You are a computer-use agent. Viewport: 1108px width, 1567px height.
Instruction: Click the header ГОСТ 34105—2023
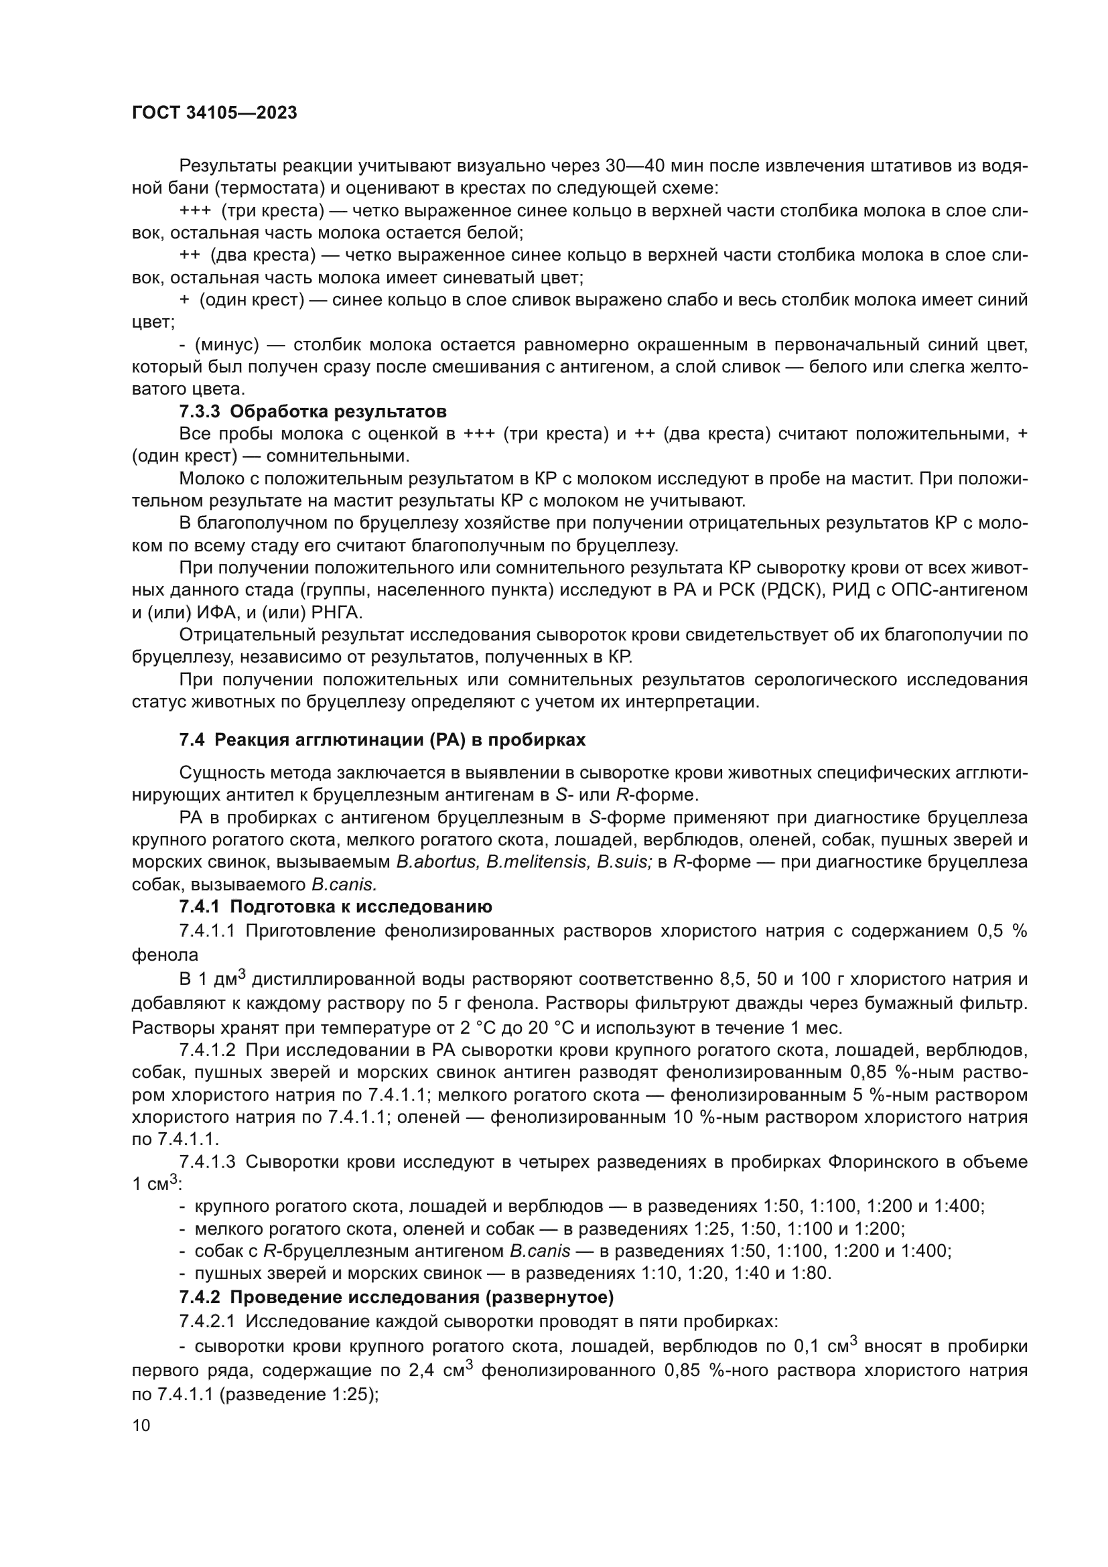coord(214,113)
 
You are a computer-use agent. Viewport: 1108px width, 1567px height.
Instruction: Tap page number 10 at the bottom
coord(141,1425)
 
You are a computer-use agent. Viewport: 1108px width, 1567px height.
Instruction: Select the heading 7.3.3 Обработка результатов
coord(312,411)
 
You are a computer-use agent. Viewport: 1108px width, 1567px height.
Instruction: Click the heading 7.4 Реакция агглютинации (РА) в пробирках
coord(381,740)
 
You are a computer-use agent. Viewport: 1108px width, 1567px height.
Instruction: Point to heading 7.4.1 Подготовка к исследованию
coord(335,906)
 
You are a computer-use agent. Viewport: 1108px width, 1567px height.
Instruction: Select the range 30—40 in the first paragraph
coord(634,166)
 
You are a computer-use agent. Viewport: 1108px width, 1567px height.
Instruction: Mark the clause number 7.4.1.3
coord(207,1162)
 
